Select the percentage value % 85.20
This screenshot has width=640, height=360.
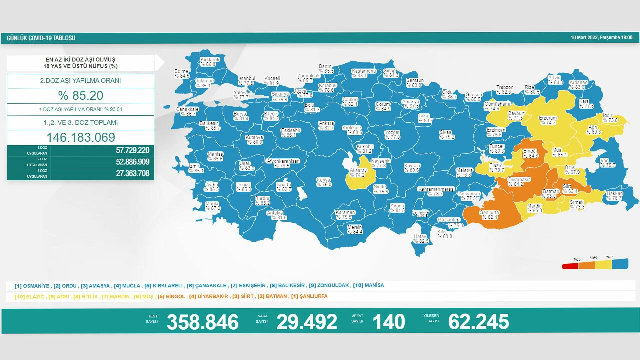tap(80, 95)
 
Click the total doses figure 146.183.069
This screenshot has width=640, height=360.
tap(80, 138)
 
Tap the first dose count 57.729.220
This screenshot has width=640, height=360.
tap(125, 150)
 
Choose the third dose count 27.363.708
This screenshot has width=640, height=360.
tap(125, 173)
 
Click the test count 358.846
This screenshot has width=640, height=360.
tap(202, 322)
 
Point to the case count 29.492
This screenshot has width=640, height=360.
tap(306, 322)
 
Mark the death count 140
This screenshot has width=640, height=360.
tap(388, 322)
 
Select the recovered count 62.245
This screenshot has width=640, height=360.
tap(478, 322)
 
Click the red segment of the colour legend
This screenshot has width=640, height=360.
tap(570, 266)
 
